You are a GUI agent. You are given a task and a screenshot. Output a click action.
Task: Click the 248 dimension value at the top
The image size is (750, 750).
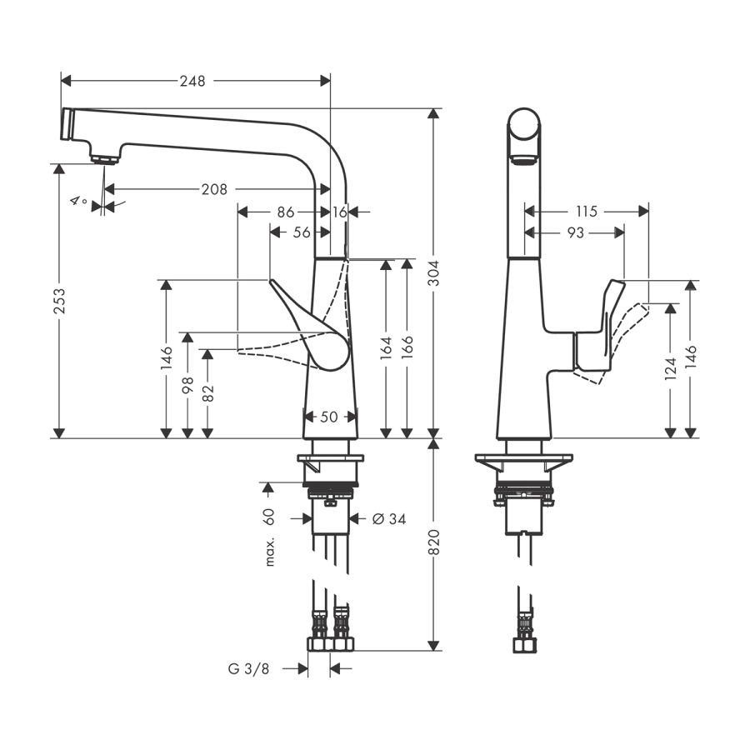pos(192,81)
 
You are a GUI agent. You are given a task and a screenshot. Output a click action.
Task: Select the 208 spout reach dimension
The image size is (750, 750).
pos(214,189)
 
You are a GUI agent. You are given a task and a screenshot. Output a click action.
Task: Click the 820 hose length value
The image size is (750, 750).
pos(433,543)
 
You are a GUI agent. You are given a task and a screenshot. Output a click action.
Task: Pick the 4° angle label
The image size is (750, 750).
pos(78,201)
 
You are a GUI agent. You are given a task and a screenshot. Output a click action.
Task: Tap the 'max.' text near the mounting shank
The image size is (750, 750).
pos(270,552)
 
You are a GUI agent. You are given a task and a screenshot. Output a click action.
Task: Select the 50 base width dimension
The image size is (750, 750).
pos(329,416)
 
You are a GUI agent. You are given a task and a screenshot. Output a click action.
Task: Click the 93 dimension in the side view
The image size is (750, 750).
pos(575,233)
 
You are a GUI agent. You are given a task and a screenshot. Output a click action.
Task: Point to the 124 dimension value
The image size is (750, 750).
pos(670,369)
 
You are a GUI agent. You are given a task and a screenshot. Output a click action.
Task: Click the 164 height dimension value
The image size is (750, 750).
pos(385,347)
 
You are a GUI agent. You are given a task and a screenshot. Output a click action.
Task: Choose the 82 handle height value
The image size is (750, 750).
pos(207,391)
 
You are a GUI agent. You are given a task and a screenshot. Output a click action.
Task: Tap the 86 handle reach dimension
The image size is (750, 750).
pos(286,212)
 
